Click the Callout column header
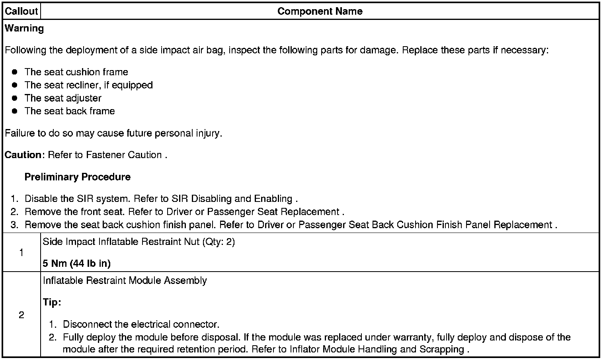pos(21,11)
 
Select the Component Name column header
pos(320,11)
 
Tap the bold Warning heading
pos(24,28)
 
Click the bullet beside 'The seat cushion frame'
pos(15,72)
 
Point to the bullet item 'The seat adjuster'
pos(63,98)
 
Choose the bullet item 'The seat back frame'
pos(70,111)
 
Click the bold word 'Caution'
pos(23,155)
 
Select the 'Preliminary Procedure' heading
pos(77,177)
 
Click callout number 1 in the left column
pos(21,252)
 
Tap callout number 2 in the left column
pos(21,315)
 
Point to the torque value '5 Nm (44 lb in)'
pos(76,263)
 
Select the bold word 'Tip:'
pos(52,302)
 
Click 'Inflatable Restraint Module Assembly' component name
pos(125,280)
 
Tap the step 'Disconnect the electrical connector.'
pos(141,324)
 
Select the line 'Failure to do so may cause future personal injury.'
pos(113,133)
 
